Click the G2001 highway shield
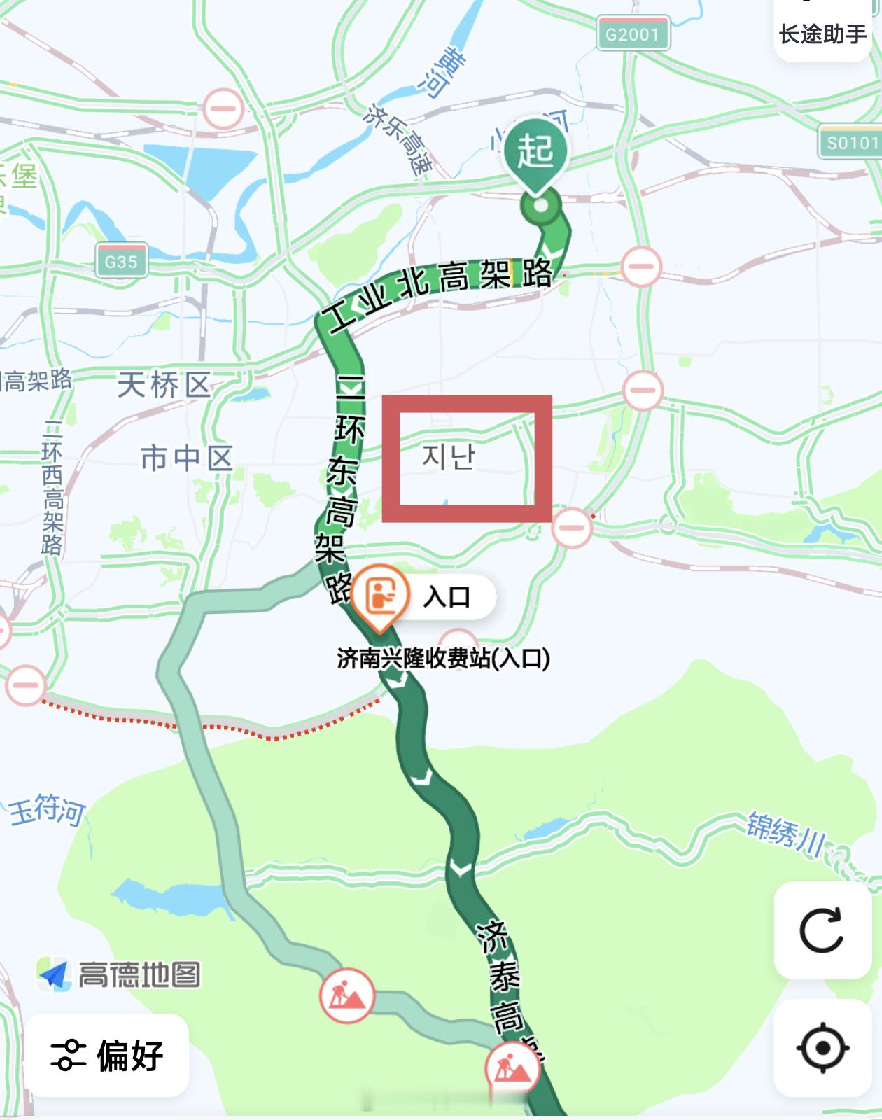click(x=633, y=34)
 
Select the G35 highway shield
click(x=121, y=261)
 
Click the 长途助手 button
click(x=822, y=34)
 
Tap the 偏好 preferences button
click(x=107, y=1055)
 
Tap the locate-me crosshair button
click(x=822, y=1048)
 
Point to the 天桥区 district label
click(x=164, y=385)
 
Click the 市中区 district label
click(x=186, y=458)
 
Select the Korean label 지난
click(x=449, y=457)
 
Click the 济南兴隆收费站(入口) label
click(x=443, y=658)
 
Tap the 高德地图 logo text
click(x=139, y=974)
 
